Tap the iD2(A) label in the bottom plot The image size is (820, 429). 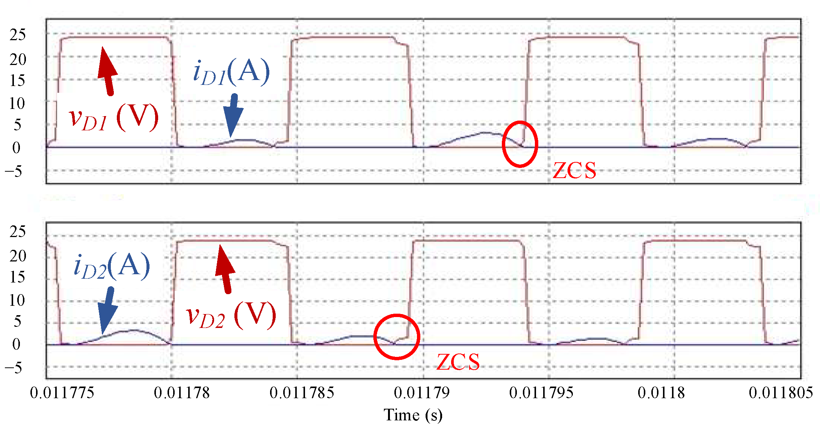tap(112, 266)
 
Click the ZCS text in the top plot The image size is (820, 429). tap(574, 171)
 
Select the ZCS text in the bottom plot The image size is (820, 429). tap(458, 362)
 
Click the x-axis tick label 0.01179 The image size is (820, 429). tap(421, 393)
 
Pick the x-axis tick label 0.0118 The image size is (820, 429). tap(661, 393)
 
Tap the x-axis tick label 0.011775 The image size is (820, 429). tap(62, 393)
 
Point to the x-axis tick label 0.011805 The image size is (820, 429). tap(781, 393)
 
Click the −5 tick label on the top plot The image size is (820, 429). tap(14, 172)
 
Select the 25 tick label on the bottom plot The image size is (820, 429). tap(17, 232)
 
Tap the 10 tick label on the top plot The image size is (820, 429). tap(17, 103)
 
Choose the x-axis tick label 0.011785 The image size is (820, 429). tap(302, 393)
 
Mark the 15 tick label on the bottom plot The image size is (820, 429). tap(17, 277)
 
